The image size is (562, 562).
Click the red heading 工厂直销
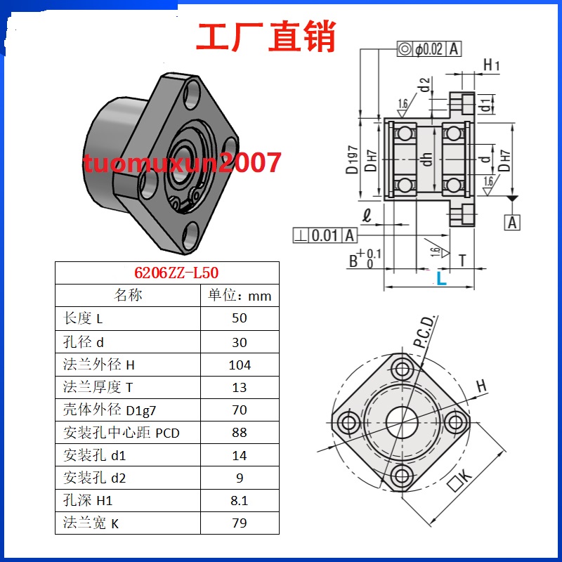tap(266, 37)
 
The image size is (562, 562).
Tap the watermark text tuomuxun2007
tap(182, 163)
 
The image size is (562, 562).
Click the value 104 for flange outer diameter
tap(240, 365)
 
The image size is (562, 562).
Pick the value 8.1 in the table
tap(240, 500)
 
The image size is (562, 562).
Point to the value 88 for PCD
tap(240, 433)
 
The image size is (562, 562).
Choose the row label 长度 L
tap(84, 318)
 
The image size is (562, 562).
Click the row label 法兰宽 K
tap(86, 523)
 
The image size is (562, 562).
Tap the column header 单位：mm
tap(240, 296)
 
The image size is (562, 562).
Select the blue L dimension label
tap(441, 279)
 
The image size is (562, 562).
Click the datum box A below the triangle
tap(513, 223)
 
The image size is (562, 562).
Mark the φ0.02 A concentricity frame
tap(429, 48)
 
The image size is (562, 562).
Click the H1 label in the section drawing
tap(492, 66)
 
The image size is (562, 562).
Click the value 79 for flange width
tap(240, 523)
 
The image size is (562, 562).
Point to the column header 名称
tap(128, 296)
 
